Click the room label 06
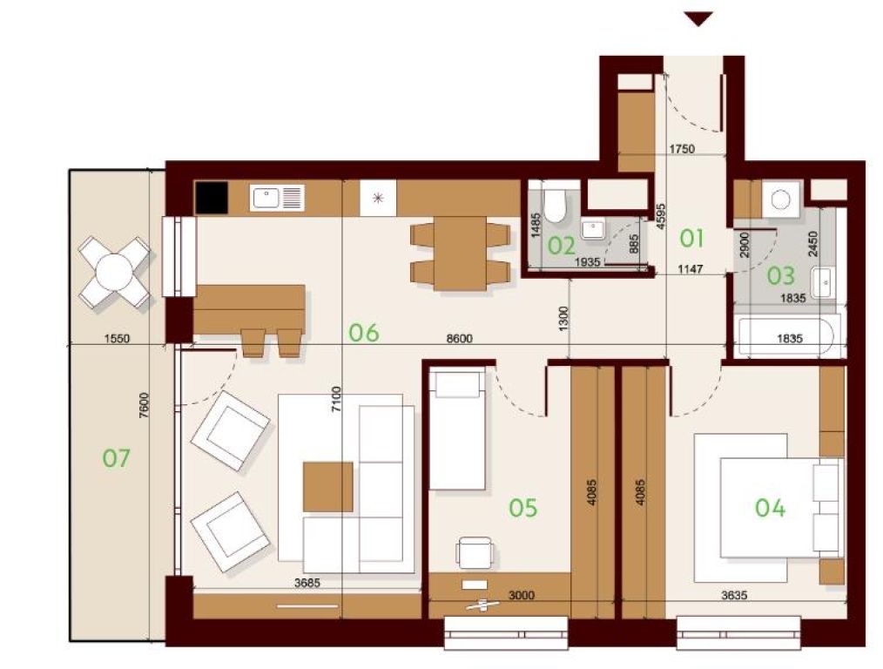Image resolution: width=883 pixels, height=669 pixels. tap(364, 333)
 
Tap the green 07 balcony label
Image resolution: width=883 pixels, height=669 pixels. tap(116, 458)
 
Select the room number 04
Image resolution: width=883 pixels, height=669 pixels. tap(770, 508)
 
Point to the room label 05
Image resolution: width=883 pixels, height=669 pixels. tap(523, 508)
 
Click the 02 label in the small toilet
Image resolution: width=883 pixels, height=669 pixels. tap(562, 247)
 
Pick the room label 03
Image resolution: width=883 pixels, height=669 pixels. tap(781, 275)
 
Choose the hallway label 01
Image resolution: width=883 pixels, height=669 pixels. tap(691, 238)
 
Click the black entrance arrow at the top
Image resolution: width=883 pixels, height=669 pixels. tap(699, 18)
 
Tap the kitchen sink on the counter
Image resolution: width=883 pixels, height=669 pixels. tap(277, 198)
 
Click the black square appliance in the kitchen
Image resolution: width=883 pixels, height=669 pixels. tap(212, 197)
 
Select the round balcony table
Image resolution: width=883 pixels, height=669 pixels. tap(114, 272)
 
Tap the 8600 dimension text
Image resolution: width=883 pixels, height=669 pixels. tap(459, 339)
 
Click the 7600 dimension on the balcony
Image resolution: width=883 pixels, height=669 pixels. tap(144, 404)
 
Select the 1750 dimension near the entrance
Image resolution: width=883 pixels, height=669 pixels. tap(682, 149)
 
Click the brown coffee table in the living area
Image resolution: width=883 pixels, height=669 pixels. tap(327, 487)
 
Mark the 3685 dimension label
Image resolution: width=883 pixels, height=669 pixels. tap(307, 583)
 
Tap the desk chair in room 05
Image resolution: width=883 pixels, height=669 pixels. tap(475, 552)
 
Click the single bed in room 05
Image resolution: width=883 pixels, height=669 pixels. tap(457, 429)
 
